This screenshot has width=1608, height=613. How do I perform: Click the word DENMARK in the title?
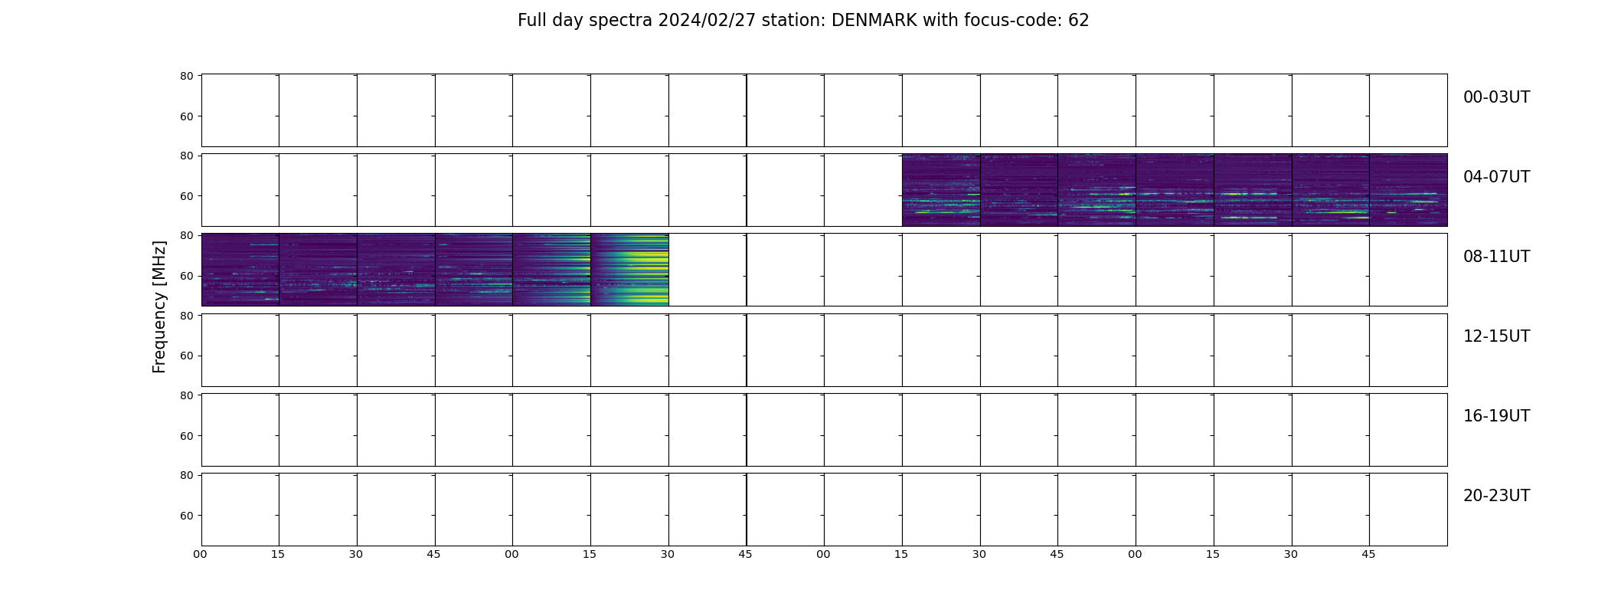[874, 21]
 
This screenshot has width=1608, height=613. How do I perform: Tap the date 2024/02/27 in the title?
[707, 21]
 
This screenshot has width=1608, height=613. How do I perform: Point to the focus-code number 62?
[1078, 21]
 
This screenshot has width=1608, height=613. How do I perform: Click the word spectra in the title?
[620, 21]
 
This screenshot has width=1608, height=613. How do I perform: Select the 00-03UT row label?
[1496, 97]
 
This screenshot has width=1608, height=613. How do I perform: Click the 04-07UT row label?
[1496, 177]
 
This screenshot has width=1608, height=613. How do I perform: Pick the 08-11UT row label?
[1496, 257]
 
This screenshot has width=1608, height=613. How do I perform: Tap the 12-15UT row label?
[1496, 336]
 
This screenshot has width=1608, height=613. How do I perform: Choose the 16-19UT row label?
[1496, 416]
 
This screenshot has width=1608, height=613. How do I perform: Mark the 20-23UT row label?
[1496, 496]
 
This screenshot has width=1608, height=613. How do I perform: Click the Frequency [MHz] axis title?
[159, 306]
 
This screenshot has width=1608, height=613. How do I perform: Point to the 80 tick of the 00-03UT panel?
[186, 76]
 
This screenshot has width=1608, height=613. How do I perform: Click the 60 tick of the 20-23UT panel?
[186, 516]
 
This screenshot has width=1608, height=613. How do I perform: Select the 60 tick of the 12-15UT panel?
[186, 356]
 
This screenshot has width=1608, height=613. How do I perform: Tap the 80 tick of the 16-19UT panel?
[186, 395]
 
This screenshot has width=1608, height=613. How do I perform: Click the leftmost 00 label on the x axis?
[201, 554]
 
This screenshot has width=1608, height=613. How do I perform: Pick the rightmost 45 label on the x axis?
[1368, 554]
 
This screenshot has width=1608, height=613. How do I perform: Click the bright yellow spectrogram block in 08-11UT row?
[629, 270]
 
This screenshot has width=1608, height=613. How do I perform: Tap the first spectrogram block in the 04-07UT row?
[941, 190]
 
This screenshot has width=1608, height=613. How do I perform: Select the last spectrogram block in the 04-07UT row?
[1408, 190]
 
